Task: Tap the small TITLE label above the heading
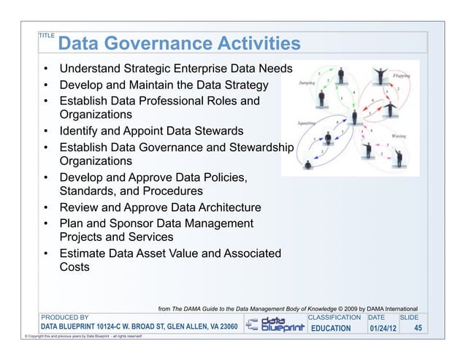tap(46, 34)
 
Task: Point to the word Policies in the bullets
tap(219, 177)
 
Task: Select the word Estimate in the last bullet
tap(85, 253)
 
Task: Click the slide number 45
tap(418, 329)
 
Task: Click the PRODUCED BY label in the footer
tap(64, 318)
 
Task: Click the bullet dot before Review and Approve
tap(46, 208)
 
